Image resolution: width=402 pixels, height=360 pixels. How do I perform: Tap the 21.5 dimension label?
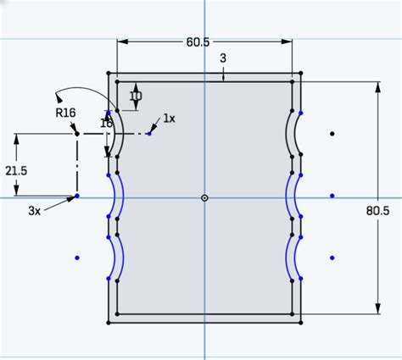tap(15, 170)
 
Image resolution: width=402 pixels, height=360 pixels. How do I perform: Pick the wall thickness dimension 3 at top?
tap(223, 58)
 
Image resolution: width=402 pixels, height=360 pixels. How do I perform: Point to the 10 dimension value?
tap(136, 97)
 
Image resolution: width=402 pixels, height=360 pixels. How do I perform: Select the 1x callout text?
tap(169, 119)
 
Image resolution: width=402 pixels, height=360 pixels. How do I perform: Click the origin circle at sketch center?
tap(204, 197)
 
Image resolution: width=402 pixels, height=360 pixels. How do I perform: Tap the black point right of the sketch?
tap(332, 134)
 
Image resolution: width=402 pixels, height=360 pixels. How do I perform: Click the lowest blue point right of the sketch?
tap(332, 258)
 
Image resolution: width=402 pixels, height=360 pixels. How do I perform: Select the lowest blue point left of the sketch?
tap(77, 257)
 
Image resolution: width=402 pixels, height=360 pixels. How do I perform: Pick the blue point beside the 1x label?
tap(149, 133)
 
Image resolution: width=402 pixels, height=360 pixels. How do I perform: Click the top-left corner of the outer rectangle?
tap(109, 75)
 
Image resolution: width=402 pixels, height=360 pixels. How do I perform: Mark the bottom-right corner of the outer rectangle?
tap(301, 322)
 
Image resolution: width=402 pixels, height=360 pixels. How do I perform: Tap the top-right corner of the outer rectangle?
tap(301, 75)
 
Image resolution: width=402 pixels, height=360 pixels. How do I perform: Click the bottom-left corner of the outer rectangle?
tap(109, 322)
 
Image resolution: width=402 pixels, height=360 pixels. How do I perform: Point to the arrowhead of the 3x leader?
tap(75, 197)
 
